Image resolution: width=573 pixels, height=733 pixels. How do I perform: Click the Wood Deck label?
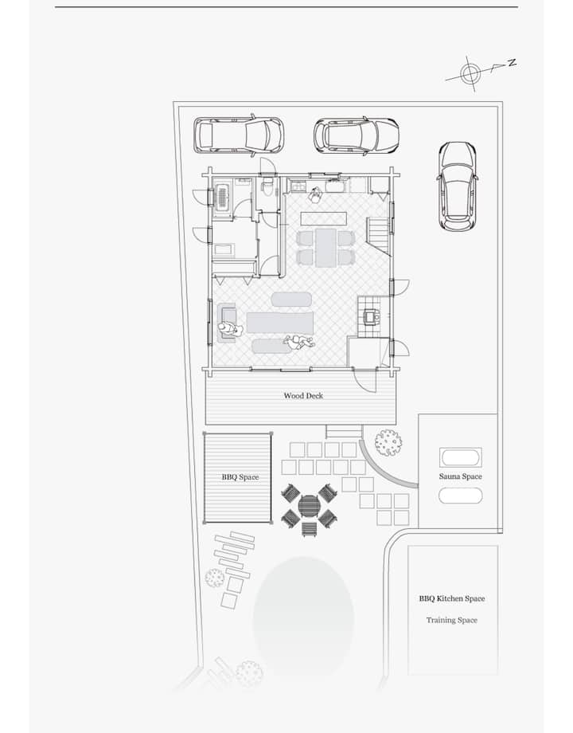(303, 395)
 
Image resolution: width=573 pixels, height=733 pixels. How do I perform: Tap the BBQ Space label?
(240, 477)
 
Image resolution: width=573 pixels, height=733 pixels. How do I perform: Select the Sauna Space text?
(461, 476)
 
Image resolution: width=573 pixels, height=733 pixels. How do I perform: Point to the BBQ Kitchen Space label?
(452, 598)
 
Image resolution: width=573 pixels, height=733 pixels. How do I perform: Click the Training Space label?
(452, 621)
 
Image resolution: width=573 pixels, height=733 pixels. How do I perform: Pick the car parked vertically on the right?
(458, 186)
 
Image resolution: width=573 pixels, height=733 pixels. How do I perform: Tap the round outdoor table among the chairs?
(308, 505)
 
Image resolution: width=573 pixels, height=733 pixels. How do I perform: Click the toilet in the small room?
(267, 187)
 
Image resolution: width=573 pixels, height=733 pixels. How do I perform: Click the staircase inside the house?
(380, 236)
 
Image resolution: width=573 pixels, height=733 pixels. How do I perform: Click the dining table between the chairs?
(325, 247)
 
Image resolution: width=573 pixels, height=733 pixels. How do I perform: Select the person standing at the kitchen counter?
(315, 194)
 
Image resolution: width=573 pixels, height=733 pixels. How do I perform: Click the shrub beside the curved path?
(388, 443)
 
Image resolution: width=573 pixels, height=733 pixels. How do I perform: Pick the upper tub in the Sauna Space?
(461, 457)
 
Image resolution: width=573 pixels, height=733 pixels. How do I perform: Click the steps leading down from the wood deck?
(344, 431)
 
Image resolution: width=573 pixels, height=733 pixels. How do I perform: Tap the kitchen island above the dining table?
(324, 218)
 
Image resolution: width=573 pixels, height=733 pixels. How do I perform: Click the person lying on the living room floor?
(299, 342)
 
